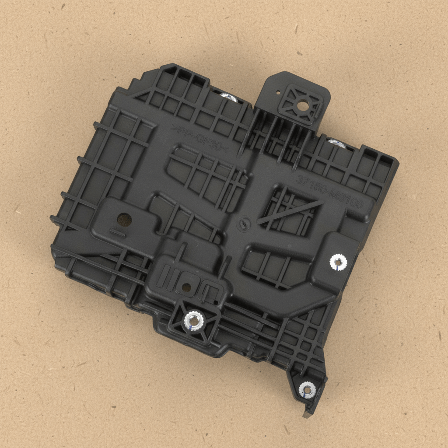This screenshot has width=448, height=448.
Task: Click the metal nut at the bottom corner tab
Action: [307, 389]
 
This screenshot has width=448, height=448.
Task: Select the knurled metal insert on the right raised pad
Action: [338, 262]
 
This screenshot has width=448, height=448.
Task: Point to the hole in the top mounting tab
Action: [302, 105]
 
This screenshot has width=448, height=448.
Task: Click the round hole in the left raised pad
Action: [124, 218]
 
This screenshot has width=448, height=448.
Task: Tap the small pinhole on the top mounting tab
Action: [278, 92]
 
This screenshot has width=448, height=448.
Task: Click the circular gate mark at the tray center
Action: [243, 225]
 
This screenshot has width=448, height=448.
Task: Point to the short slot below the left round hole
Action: [115, 231]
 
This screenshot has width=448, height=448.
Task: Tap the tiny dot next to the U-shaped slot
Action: [216, 301]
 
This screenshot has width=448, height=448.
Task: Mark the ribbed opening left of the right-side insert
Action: [271, 267]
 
